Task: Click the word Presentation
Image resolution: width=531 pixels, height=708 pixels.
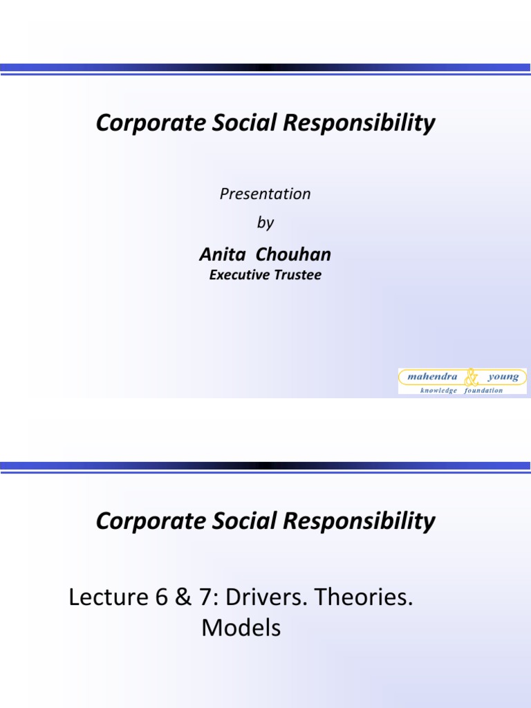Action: pyautogui.click(x=265, y=194)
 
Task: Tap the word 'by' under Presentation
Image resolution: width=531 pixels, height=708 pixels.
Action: pyautogui.click(x=265, y=223)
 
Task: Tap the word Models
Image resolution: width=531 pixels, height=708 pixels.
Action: pyautogui.click(x=241, y=628)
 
